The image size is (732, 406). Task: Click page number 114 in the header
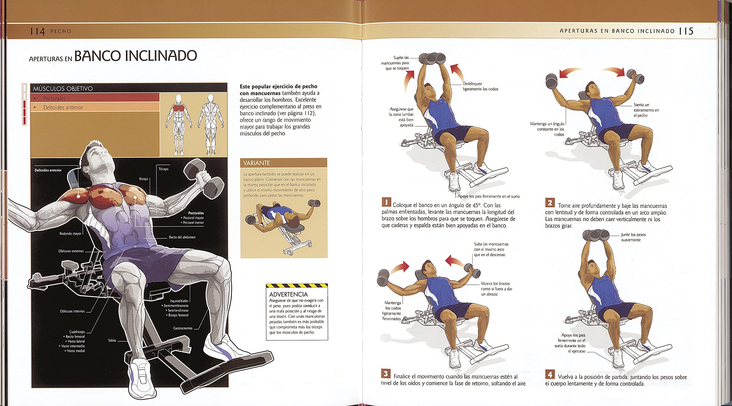coord(37,31)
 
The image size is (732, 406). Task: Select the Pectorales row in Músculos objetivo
coord(95,98)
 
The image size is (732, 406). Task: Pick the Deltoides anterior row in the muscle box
coord(95,107)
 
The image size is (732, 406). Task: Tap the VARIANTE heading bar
coord(283,163)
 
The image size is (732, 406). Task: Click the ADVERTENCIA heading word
coord(288,294)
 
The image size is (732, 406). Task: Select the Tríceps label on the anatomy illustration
coord(164,169)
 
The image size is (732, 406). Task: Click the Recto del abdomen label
coord(182,237)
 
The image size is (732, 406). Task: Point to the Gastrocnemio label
coord(183,328)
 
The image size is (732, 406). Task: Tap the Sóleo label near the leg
coord(112,340)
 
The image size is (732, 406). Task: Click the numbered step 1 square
coord(386,202)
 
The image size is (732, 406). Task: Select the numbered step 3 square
coord(386,373)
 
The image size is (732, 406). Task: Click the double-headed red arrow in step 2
coord(592,72)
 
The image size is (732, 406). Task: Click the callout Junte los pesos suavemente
coord(633,237)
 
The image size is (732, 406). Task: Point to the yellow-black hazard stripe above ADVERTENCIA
coord(297,286)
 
